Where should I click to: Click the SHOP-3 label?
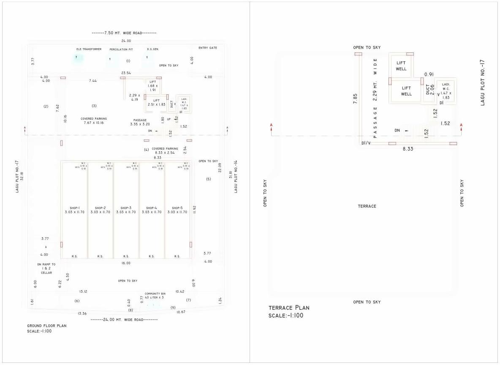[x=126, y=208]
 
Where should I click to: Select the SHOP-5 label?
[x=177, y=208]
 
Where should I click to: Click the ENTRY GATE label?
[x=208, y=48]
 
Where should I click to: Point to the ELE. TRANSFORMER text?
[x=89, y=49]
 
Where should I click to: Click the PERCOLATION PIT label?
[x=122, y=49]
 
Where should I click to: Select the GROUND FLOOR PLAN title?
[x=46, y=326]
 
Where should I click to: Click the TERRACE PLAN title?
[x=289, y=307]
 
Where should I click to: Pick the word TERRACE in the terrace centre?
[x=367, y=206]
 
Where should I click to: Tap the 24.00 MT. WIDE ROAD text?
[x=125, y=319]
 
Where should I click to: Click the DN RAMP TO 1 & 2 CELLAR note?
[x=46, y=268]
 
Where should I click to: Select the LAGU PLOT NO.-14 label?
[x=236, y=177]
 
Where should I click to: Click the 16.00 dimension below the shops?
[x=126, y=263]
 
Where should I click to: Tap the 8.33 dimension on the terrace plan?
[x=408, y=149]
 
